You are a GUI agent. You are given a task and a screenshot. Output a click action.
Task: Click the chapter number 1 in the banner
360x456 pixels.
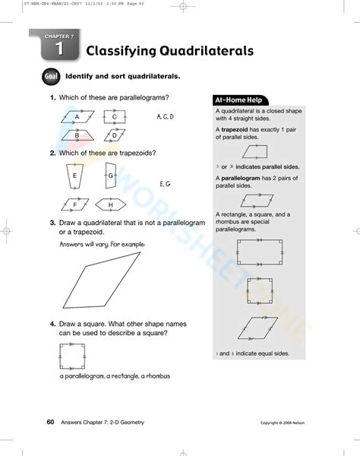[58, 50]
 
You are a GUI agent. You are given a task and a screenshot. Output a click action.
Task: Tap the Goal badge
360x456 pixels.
[52, 77]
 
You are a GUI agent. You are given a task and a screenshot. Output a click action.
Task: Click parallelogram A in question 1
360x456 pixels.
[77, 117]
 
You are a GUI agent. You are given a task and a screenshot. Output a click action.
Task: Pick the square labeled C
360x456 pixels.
[114, 117]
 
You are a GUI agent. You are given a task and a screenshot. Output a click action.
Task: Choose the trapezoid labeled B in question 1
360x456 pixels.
[77, 135]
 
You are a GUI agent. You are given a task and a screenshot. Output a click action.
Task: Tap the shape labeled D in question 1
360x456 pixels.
[114, 135]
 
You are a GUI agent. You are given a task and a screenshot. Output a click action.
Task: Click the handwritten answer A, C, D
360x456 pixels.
[165, 117]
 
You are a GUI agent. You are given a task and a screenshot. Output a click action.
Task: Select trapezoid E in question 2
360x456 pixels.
[75, 176]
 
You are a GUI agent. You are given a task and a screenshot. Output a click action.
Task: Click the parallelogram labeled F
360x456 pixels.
[76, 204]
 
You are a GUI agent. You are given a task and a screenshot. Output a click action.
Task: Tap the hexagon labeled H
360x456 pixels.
[110, 204]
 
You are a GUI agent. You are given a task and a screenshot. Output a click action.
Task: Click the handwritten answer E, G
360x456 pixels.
[165, 184]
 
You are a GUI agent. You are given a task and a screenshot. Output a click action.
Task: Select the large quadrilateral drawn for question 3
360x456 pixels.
[103, 282]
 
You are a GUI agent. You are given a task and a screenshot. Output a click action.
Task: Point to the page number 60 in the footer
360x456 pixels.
[49, 422]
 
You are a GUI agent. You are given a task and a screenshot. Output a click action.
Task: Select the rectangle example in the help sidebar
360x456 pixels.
[260, 253]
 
